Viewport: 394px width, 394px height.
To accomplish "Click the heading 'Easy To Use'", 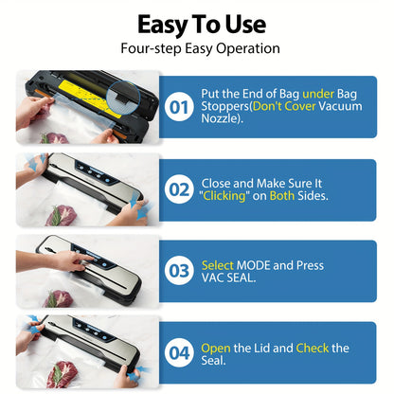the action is click(x=202, y=25).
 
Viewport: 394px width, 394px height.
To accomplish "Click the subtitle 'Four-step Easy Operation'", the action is click(x=200, y=49).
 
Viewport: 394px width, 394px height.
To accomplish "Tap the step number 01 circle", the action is click(x=179, y=107).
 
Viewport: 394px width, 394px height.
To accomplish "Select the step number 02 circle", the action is click(x=179, y=189).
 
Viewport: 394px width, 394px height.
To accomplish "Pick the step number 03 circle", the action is click(x=179, y=271).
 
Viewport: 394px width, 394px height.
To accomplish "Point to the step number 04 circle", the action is click(x=179, y=353).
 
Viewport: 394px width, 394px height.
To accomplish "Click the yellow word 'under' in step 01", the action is click(x=318, y=94).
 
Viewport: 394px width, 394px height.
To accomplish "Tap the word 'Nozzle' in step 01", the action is click(x=219, y=118).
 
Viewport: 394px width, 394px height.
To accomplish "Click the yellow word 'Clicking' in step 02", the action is click(x=224, y=196).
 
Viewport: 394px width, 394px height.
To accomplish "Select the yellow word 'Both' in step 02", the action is click(x=282, y=196).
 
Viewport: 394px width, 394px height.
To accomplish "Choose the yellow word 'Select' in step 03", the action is click(x=218, y=265).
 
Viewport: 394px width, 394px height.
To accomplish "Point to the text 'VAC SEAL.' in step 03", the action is click(x=228, y=278).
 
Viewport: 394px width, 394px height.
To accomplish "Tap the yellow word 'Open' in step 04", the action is click(x=216, y=349).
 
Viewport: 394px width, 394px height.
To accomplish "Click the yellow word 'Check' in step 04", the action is click(x=313, y=348).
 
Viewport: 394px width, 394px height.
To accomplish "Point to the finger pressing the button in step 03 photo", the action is click(x=87, y=260).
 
